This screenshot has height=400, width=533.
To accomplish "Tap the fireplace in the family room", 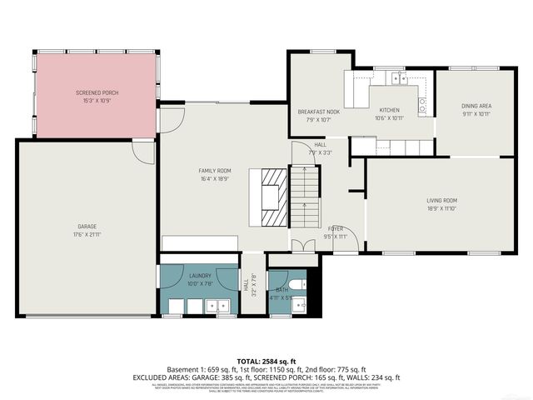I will tap(272, 197).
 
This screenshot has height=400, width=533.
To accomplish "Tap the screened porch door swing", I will tap(170, 122).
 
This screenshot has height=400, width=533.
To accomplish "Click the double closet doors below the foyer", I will tap(303, 248).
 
